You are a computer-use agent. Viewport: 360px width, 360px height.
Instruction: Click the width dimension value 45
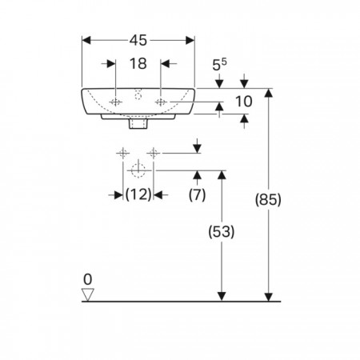(138, 41)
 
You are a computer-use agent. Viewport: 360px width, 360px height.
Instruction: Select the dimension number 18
(138, 64)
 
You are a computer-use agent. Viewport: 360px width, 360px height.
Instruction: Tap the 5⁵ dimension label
(219, 65)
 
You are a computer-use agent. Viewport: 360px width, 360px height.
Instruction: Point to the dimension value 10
(244, 102)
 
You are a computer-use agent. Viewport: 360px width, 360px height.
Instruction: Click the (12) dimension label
(138, 194)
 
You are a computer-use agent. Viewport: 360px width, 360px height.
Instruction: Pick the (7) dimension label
(197, 194)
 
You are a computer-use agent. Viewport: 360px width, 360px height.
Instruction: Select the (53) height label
(222, 231)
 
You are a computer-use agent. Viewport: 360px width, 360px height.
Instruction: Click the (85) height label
(268, 199)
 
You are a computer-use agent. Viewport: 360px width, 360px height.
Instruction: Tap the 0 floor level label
(88, 279)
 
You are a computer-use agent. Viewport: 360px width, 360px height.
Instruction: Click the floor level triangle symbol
(88, 294)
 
